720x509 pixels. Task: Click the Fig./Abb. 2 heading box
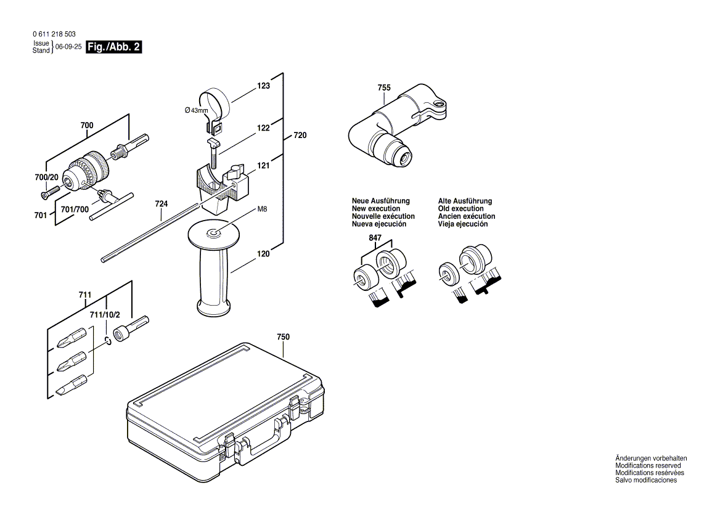point(114,47)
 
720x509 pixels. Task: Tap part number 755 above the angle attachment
point(384,88)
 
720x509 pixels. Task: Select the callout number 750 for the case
point(283,337)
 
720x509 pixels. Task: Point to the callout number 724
point(162,204)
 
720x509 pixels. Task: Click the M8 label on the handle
point(262,210)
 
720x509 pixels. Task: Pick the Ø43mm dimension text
point(197,110)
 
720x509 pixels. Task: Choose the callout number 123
point(264,86)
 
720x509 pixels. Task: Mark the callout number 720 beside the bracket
point(300,135)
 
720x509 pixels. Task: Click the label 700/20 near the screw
point(47,177)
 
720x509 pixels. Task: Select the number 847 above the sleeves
point(375,238)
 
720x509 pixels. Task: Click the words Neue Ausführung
point(380,202)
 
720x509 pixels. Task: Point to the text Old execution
point(460,209)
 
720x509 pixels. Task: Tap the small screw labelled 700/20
point(47,194)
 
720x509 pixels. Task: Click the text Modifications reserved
point(648,466)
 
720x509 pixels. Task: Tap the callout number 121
point(264,166)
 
